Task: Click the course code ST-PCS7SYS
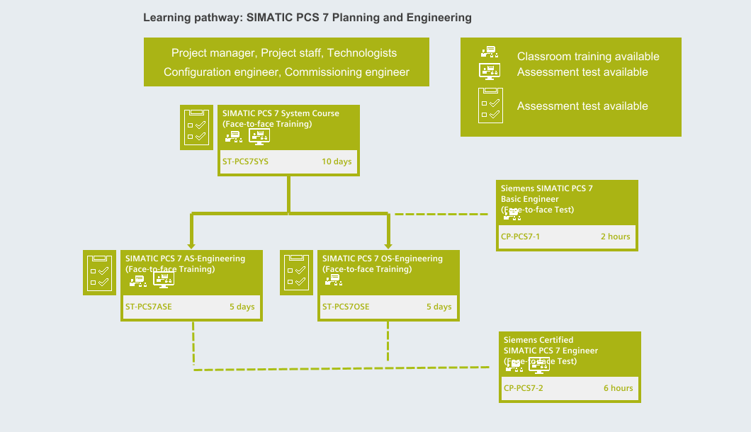click(x=245, y=161)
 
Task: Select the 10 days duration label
click(x=337, y=161)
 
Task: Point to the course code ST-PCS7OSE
click(x=346, y=307)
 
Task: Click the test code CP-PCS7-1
click(x=521, y=237)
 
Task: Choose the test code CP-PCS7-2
click(x=524, y=388)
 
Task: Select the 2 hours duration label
click(x=615, y=237)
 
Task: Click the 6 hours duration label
click(x=618, y=388)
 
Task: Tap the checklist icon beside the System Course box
click(x=196, y=127)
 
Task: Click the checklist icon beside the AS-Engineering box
click(x=98, y=272)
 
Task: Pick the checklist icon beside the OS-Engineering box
click(x=295, y=272)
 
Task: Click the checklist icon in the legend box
click(x=490, y=106)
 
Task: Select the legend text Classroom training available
click(x=588, y=57)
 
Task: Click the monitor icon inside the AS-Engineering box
click(x=164, y=281)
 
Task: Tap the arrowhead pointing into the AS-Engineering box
click(x=191, y=244)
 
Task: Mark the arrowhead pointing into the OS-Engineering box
click(x=388, y=244)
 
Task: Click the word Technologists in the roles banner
click(x=361, y=53)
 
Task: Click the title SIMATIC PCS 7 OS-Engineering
click(x=383, y=258)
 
